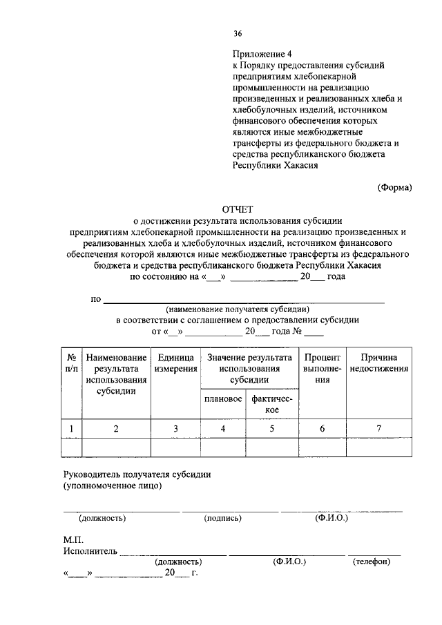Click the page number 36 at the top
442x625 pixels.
coord(238,33)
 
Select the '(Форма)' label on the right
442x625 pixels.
coord(394,187)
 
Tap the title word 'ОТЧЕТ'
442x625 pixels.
coord(238,209)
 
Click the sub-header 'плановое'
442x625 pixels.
coord(222,400)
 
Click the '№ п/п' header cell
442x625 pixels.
coord(71,363)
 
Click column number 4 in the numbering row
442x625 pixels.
coord(222,429)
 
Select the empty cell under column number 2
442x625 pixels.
coord(116,448)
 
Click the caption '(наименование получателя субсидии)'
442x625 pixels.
coord(237,309)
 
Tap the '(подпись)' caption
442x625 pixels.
coord(222,517)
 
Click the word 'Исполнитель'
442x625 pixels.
coord(90,551)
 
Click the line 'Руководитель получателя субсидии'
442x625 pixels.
coord(137,474)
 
